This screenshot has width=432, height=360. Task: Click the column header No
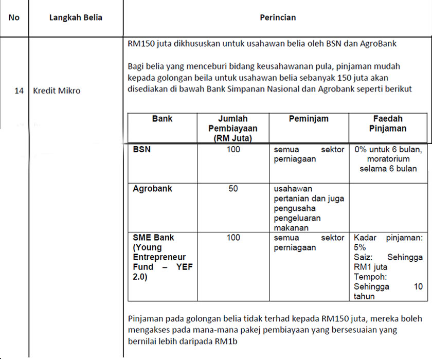coord(14,17)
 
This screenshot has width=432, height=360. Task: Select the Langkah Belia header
coord(76,17)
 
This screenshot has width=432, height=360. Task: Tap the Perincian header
coord(278,17)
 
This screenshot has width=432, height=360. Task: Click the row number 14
coord(19,91)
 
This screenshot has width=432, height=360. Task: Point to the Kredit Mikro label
coord(57,91)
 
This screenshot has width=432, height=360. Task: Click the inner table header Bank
coord(163,119)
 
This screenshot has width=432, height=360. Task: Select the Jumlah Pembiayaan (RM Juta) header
coord(233,128)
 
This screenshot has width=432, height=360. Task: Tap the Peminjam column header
coord(309,119)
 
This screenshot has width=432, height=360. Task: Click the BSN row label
coord(142,150)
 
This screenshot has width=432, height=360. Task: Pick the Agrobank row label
coord(152,189)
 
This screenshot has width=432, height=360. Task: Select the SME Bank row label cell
coord(163,257)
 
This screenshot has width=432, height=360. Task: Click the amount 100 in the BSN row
coord(233,150)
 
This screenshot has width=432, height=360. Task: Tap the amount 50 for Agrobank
coord(233,189)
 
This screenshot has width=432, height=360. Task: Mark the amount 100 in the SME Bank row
coord(233,238)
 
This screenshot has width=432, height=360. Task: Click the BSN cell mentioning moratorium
coord(388,159)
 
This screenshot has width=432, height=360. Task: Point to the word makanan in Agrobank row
coord(291,228)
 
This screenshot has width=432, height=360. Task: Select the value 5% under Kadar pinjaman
coord(360,247)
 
